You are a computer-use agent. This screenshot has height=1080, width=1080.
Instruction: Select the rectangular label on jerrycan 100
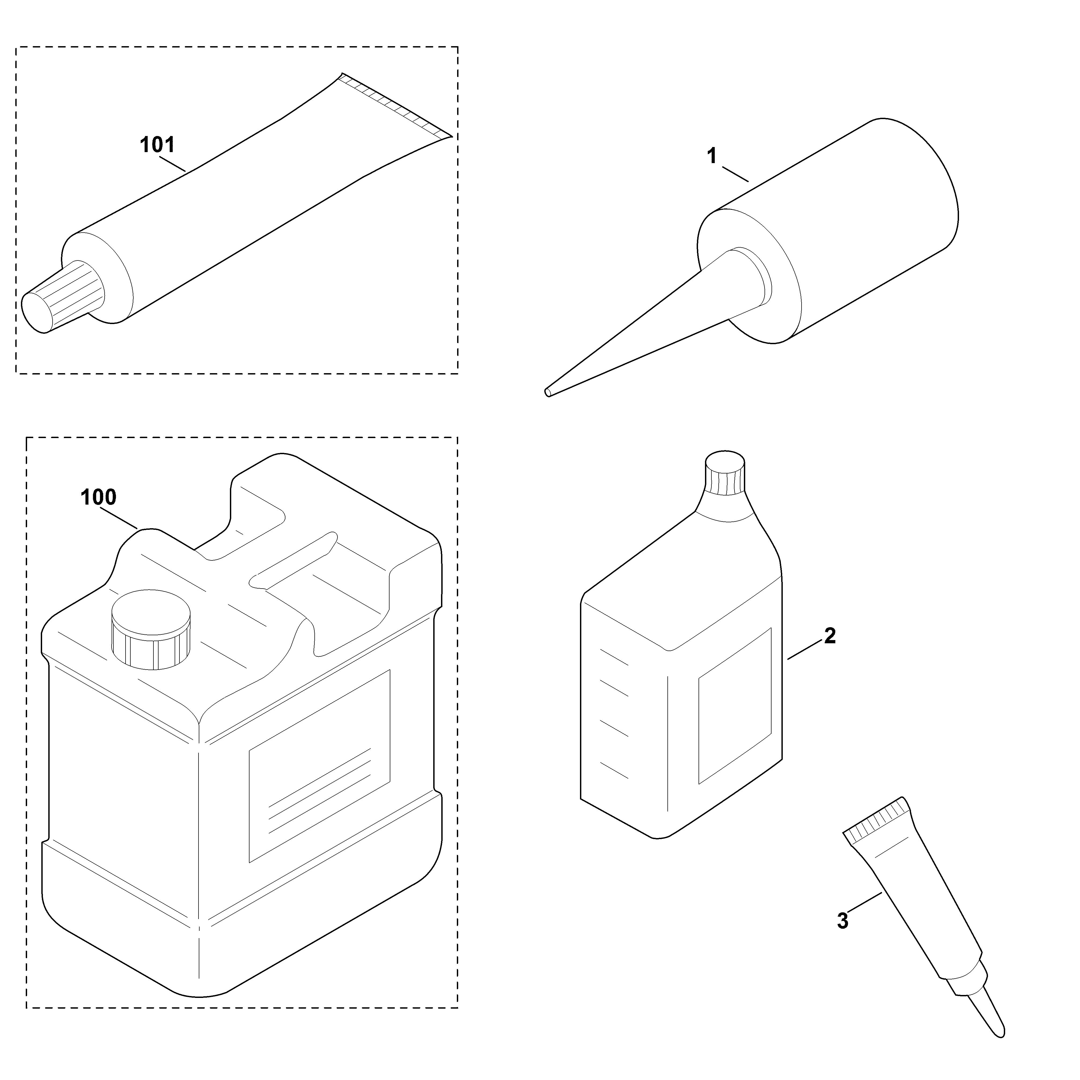coord(319,766)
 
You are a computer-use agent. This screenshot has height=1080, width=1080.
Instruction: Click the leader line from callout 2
coord(805,651)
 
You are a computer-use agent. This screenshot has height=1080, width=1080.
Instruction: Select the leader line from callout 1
coord(735,174)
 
